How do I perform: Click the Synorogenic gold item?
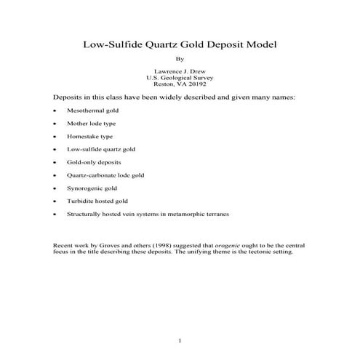[90, 188]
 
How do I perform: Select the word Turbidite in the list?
[81, 201]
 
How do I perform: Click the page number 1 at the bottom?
[180, 340]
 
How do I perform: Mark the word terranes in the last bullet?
[215, 214]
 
